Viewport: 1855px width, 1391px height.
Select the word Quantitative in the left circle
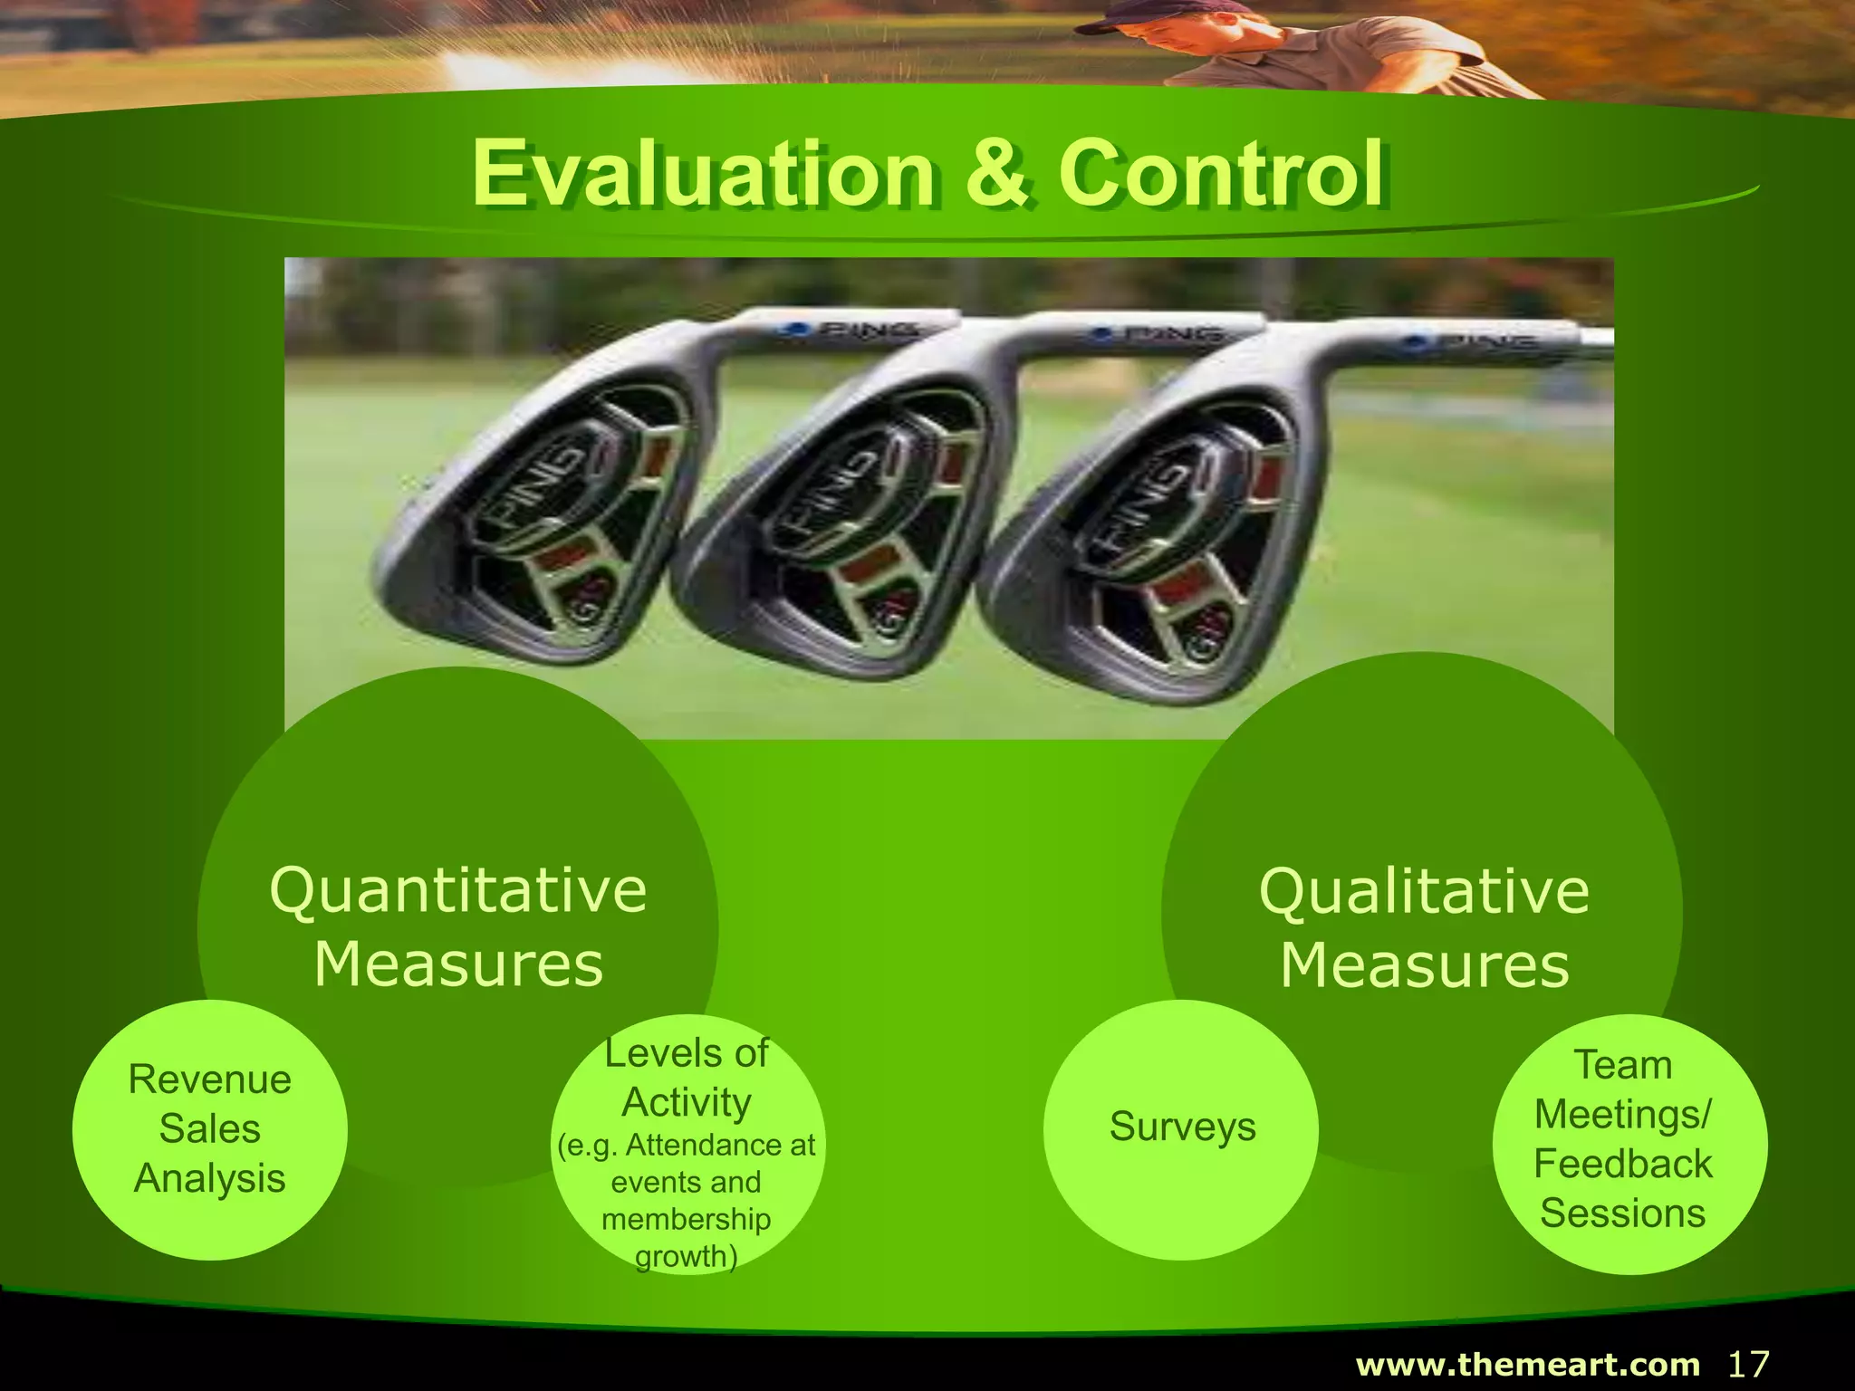click(458, 890)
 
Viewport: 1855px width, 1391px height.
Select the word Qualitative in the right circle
click(1424, 891)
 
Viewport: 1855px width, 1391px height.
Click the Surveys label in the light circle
click(1182, 1127)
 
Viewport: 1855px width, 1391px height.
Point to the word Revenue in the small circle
click(210, 1079)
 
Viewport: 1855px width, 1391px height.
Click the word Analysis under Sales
click(210, 1178)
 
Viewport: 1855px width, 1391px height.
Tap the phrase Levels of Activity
click(687, 1078)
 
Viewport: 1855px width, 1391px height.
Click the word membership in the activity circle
click(687, 1219)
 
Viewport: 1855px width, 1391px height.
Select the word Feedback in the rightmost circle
click(1622, 1164)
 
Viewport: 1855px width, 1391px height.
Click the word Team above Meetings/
click(1622, 1065)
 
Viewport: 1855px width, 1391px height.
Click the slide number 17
click(1748, 1364)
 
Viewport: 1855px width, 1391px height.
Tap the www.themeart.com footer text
click(1528, 1365)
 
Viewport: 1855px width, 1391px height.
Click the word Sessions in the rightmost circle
click(1622, 1214)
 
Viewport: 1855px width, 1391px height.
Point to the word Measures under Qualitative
click(1424, 964)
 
